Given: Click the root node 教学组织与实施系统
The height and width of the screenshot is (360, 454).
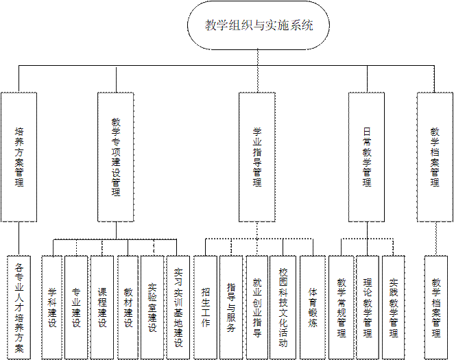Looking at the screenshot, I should coord(259,26).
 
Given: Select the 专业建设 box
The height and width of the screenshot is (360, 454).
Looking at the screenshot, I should coord(76,307).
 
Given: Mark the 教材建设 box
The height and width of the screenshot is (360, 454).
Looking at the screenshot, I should coord(128,307).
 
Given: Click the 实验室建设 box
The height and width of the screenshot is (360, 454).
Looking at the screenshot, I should coord(152,307).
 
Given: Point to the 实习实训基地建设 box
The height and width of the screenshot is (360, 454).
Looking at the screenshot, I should coord(178,307).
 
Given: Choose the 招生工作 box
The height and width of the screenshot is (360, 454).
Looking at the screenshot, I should coord(205,307).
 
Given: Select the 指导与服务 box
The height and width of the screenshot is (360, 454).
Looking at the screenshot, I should coord(231,307).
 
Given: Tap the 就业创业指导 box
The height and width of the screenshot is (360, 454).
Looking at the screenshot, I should coord(257,307).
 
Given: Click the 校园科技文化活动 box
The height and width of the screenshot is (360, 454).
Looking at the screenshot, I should coord(283,307).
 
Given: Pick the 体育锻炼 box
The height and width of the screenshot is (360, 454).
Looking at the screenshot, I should coord(313,307).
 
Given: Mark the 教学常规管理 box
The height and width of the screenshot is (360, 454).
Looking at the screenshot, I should coord(341,307).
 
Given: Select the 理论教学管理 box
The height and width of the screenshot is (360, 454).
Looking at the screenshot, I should coord(368,307).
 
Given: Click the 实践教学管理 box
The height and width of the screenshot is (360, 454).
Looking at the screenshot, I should coord(393,307).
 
